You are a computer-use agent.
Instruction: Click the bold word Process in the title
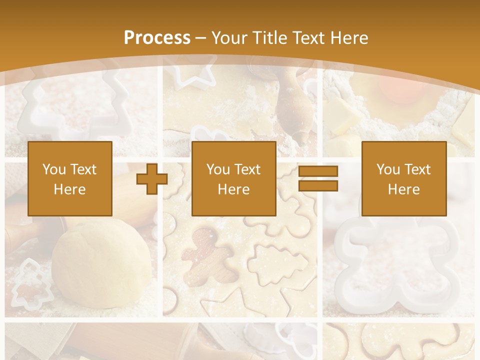(x=157, y=37)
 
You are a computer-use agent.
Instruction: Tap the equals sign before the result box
(x=318, y=178)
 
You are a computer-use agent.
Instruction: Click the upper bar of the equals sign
(x=318, y=171)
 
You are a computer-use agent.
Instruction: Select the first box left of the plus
(x=69, y=178)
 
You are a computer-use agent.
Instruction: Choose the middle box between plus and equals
(x=233, y=178)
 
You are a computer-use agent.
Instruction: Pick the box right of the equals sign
(x=403, y=178)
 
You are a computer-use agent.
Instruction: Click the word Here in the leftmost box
(x=69, y=189)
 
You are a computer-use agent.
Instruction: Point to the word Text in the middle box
(x=248, y=169)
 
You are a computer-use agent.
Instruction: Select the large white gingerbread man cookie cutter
(x=395, y=265)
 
